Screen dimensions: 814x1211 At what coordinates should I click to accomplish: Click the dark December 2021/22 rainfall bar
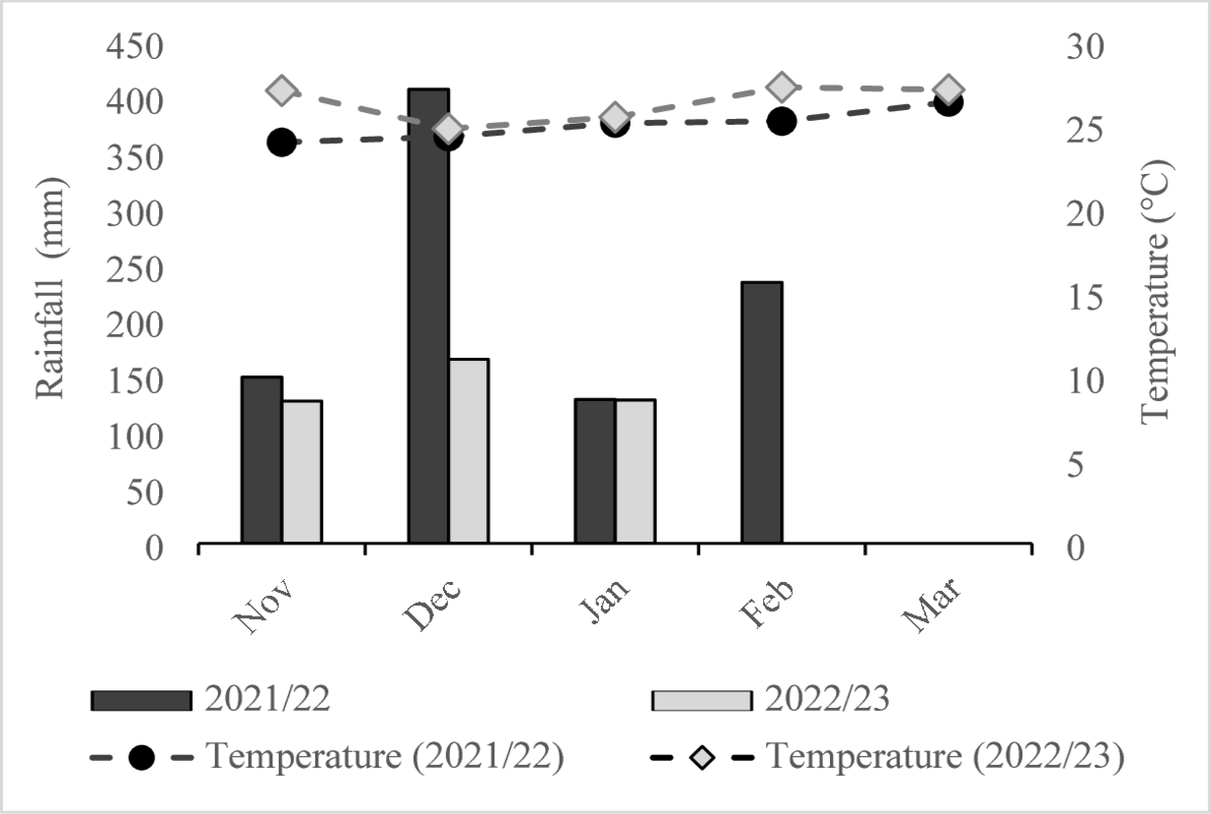click(x=428, y=315)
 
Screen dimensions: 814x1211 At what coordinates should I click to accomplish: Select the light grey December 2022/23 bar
click(x=468, y=450)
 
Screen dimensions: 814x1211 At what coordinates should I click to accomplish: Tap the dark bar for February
click(x=761, y=412)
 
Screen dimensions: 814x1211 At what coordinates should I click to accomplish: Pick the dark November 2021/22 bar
click(x=262, y=459)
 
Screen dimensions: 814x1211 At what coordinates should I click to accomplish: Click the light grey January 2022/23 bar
click(x=635, y=471)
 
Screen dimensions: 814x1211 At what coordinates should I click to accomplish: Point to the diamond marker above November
click(x=282, y=91)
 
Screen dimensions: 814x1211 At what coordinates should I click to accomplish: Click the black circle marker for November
click(x=281, y=143)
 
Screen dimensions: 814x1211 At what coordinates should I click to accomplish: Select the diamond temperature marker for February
click(x=782, y=87)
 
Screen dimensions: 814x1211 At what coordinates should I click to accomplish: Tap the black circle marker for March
click(x=948, y=102)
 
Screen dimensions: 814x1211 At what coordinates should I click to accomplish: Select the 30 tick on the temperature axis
click(x=1085, y=47)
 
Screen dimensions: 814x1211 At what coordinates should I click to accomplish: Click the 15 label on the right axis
click(x=1085, y=297)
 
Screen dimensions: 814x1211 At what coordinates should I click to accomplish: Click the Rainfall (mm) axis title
click(x=50, y=287)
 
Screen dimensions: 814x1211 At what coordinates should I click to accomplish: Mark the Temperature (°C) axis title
click(x=1158, y=287)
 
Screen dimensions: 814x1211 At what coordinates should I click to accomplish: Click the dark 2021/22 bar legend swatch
click(x=141, y=700)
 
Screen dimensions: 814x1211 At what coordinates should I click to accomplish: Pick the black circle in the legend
click(x=141, y=758)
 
